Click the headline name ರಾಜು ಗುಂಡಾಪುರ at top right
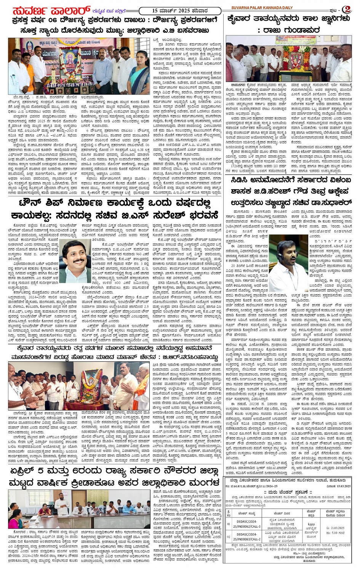[289, 30]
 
